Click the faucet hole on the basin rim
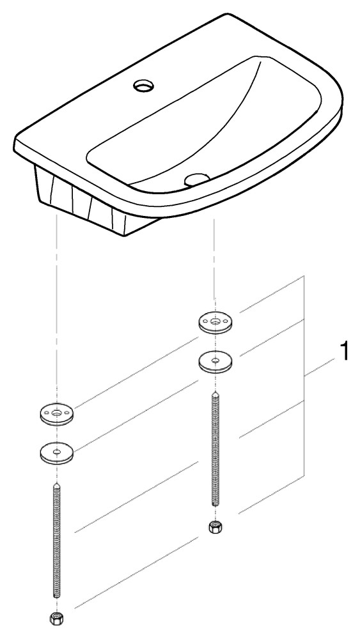click(144, 86)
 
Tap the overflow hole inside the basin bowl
click(196, 180)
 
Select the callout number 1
click(345, 351)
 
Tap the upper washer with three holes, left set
click(57, 414)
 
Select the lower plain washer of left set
click(57, 452)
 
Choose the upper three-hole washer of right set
click(215, 323)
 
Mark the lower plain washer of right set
click(215, 361)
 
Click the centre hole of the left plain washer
click(57, 450)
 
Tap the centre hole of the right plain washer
click(215, 359)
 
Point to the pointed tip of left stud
click(56, 483)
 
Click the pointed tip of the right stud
click(215, 392)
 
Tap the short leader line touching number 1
click(320, 367)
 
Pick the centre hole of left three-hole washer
click(57, 413)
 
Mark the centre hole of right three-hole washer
click(215, 321)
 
